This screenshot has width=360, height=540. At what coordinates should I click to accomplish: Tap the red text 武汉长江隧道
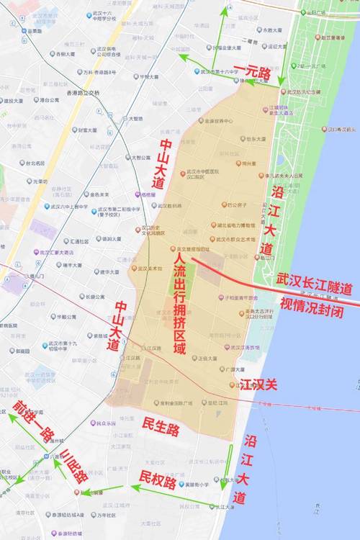coord(315,287)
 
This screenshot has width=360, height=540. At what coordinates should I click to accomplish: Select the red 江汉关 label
coord(258,386)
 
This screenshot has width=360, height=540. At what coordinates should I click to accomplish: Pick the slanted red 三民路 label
coord(75,466)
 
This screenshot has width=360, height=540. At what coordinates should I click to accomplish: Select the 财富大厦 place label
coord(92,130)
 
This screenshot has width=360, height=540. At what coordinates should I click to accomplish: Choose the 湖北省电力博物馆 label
coord(235,225)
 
